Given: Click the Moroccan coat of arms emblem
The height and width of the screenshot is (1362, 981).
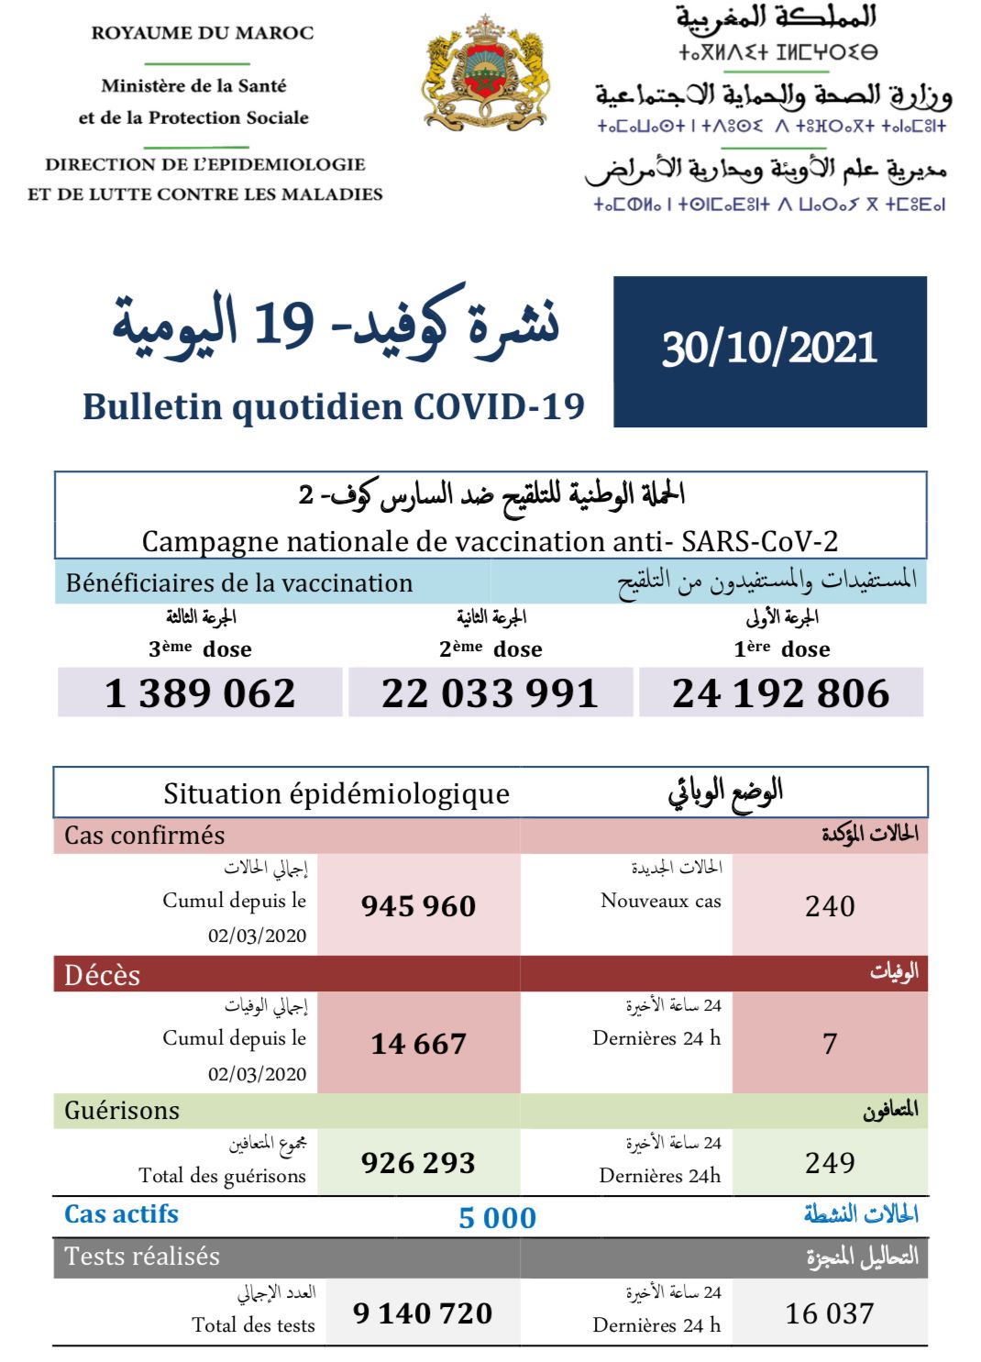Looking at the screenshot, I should [x=485, y=72].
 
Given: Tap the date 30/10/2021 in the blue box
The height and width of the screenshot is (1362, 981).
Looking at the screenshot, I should [x=769, y=349].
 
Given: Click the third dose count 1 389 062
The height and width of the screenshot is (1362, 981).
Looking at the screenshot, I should [x=200, y=693].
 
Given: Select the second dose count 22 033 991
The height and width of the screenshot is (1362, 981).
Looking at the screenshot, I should [x=490, y=693].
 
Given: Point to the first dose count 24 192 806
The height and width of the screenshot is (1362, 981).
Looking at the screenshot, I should [x=780, y=693].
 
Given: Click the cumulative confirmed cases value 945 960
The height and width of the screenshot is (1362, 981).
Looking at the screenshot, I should [x=418, y=906].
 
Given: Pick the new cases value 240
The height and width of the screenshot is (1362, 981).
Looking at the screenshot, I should [x=830, y=906].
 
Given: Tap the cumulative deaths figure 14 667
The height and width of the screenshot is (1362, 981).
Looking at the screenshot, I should [x=418, y=1044].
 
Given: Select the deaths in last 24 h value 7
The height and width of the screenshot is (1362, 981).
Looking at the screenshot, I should [x=830, y=1044].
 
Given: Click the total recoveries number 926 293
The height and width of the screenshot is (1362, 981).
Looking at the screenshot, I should [x=418, y=1163].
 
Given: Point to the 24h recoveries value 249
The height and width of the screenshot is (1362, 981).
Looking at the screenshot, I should [x=830, y=1163].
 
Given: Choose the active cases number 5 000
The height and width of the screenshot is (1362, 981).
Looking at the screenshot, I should [x=497, y=1218].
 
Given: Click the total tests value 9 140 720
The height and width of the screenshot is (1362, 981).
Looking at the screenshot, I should [x=423, y=1313].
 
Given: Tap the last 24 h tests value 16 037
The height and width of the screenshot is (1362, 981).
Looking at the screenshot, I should [x=830, y=1313].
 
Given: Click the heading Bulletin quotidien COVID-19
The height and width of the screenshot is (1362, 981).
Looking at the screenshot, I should [x=334, y=406].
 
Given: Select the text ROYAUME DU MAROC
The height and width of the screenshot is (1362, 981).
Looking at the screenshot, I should [x=203, y=33].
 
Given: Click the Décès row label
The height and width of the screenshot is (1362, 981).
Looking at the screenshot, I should [x=103, y=975].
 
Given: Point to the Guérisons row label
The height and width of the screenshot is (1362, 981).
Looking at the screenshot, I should [x=122, y=1111].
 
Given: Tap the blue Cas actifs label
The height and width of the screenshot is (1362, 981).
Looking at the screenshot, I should [x=121, y=1214].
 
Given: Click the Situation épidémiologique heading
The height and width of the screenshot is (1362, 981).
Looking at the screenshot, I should [x=336, y=793].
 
